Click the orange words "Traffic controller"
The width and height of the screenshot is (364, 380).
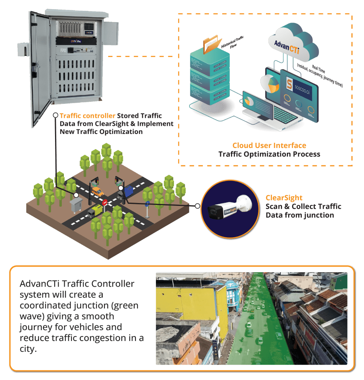pyautogui.click(x=88, y=116)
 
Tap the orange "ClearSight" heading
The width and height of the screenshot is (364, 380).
pyautogui.click(x=284, y=198)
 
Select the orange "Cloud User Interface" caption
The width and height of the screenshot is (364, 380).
pyautogui.click(x=269, y=146)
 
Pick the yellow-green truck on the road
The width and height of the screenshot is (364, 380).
pyautogui.click(x=95, y=210)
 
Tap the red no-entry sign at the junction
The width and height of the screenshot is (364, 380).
pyautogui.click(x=105, y=202)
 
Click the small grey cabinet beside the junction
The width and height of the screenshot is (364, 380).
pyautogui.click(x=76, y=205)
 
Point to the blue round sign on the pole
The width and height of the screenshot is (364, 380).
pyautogui.click(x=147, y=203)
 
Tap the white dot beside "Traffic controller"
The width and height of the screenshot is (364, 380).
pyautogui.click(x=55, y=115)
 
